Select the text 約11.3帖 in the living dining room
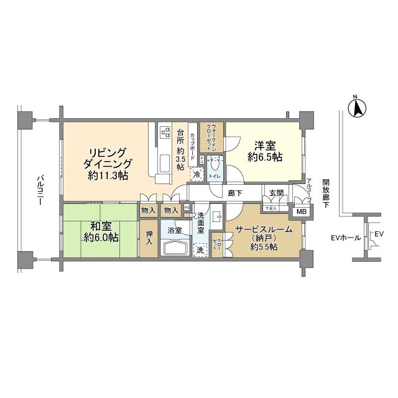tap(108, 177)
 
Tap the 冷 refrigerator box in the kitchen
tap(197, 176)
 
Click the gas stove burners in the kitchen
tap(166, 132)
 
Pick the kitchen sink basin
tap(166, 163)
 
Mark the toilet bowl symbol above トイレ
tap(215, 164)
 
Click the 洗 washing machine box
tap(201, 250)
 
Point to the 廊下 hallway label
tap(235, 193)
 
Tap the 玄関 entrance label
tap(276, 193)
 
